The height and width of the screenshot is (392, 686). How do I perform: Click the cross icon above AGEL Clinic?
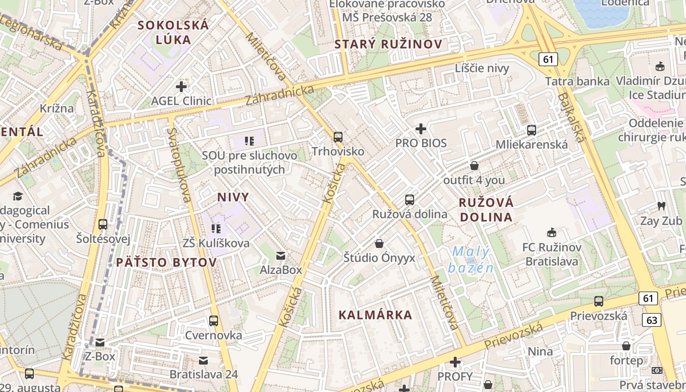coord(181,87)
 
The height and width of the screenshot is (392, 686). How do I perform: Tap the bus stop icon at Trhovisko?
coord(338,137)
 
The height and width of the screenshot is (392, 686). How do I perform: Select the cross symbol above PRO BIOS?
coord(421,129)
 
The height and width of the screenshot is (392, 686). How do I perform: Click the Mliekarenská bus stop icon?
coord(532,130)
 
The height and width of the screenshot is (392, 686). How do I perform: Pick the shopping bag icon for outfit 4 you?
coord(474,166)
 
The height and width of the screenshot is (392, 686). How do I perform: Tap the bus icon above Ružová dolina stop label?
coord(410,200)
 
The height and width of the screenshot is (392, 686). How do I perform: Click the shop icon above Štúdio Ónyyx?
coord(379,244)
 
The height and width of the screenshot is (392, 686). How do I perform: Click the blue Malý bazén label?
coord(470,260)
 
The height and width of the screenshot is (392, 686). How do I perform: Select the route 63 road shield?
coord(651,320)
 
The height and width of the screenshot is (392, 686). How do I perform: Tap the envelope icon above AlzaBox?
coord(281,256)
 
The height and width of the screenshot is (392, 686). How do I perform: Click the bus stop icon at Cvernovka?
coord(214,321)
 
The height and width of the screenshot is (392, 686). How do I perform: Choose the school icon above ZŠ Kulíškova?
coord(216,229)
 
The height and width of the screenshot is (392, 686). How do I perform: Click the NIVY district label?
coord(233,197)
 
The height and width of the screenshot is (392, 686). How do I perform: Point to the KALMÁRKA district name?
coord(375,315)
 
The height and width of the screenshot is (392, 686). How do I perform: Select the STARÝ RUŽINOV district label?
coord(388,44)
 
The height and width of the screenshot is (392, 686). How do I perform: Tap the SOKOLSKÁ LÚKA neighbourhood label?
coord(173,32)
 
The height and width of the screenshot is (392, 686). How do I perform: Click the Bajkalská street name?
coord(571,118)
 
